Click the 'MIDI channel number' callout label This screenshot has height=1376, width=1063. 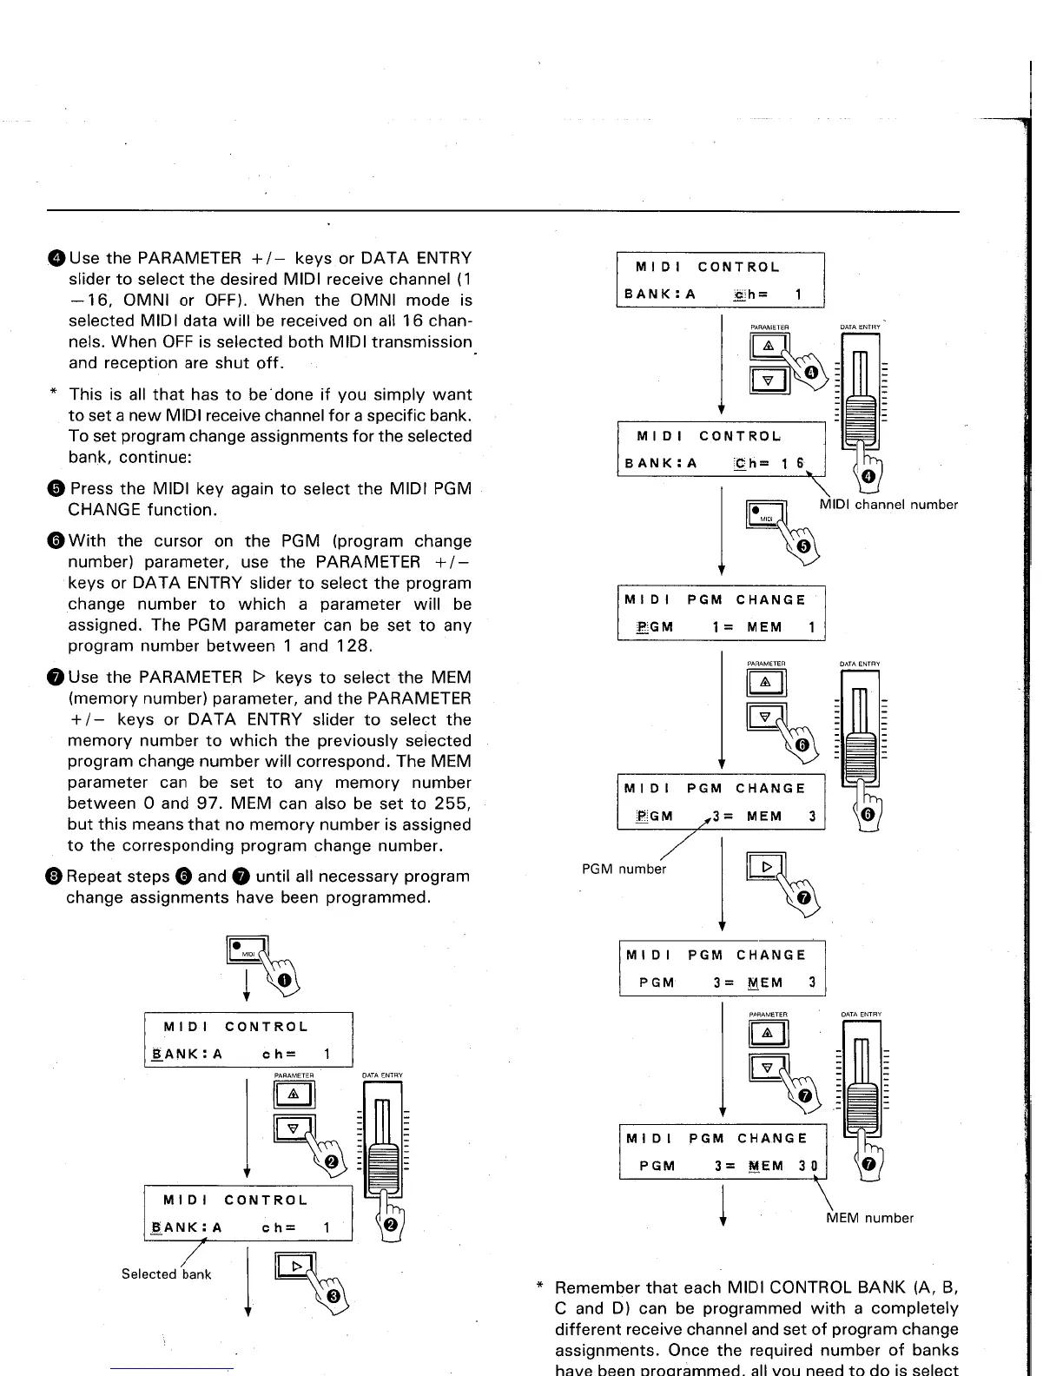[x=888, y=505]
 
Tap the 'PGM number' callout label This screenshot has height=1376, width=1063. [x=623, y=869]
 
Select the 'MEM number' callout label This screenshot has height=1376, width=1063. [x=869, y=1218]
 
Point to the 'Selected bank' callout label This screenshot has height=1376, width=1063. [x=166, y=1274]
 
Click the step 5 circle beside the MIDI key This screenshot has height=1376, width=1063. [x=803, y=546]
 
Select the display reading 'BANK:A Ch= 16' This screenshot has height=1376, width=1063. [x=721, y=450]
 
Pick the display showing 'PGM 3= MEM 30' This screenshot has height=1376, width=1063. [x=723, y=1152]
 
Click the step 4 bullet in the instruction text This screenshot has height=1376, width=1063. [x=56, y=259]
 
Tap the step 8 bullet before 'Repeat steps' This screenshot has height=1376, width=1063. [x=56, y=877]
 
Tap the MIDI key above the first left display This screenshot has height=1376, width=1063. [x=246, y=949]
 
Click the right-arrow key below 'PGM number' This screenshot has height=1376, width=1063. [x=765, y=866]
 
